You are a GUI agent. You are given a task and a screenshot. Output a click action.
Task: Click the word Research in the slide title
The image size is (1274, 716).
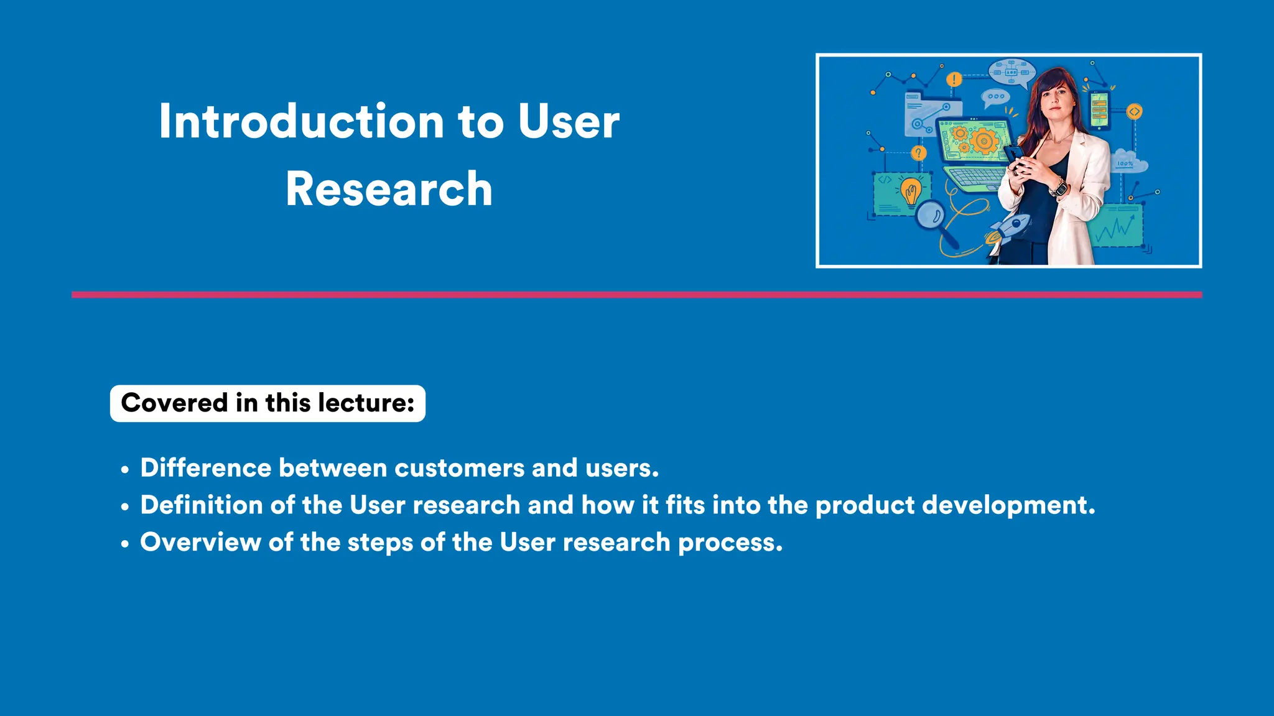tap(389, 189)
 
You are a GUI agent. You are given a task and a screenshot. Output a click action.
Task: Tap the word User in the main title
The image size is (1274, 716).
tap(568, 121)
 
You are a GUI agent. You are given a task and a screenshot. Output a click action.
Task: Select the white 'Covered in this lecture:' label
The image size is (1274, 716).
tap(267, 403)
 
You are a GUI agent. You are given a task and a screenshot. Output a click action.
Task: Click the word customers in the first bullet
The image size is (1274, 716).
tap(459, 468)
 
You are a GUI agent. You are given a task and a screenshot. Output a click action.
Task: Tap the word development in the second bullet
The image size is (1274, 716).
tap(1008, 505)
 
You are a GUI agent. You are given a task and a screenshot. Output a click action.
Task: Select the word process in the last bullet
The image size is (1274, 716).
tap(730, 543)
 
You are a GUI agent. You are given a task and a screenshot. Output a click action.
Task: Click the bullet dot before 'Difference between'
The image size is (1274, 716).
tap(125, 470)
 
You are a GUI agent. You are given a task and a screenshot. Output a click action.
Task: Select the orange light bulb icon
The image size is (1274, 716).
tap(911, 190)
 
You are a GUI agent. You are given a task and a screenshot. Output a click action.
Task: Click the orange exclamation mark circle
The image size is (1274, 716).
tap(954, 80)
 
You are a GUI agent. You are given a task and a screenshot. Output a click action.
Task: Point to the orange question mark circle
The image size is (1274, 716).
tap(918, 153)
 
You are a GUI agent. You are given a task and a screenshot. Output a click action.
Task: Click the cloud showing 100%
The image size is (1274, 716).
tap(1128, 162)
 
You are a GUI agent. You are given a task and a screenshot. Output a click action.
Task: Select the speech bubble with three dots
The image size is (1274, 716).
tap(995, 97)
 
